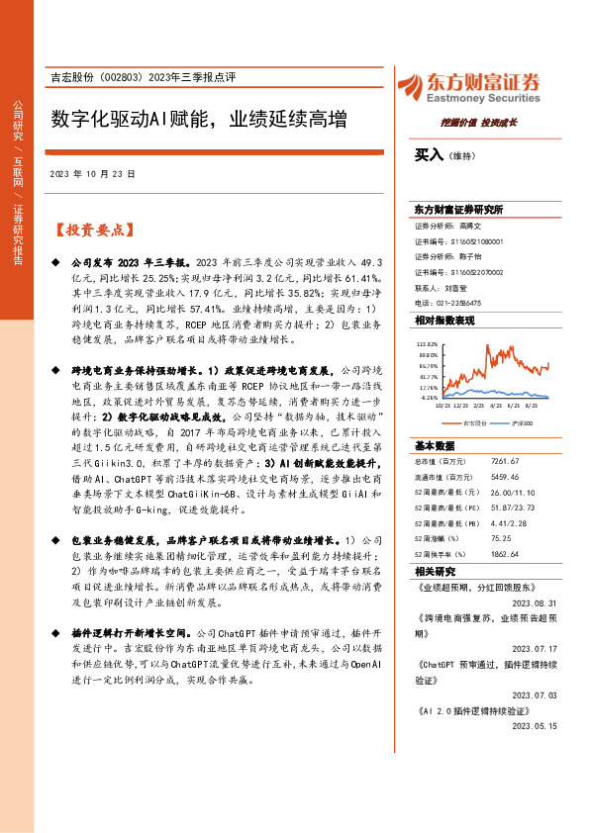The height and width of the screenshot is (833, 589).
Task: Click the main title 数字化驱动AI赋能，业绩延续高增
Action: point(199,121)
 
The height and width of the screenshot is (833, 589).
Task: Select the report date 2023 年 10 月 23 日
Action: point(90,174)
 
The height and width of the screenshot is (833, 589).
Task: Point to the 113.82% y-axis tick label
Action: point(427,343)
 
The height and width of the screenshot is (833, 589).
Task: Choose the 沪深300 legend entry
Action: point(519,422)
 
